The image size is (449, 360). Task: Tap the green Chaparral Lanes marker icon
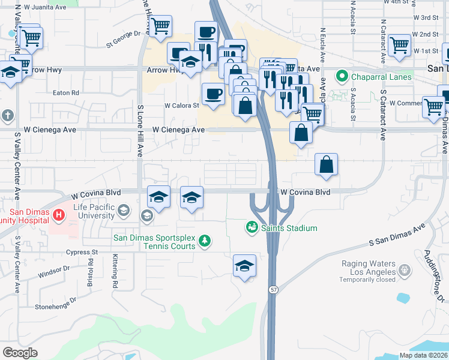click(342, 76)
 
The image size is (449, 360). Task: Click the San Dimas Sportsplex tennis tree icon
click(205, 241)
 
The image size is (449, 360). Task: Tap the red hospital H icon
click(59, 215)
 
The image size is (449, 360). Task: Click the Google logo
click(20, 353)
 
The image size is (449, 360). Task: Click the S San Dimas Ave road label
click(396, 235)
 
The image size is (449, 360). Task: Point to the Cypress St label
click(82, 253)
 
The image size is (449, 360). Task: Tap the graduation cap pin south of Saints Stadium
click(244, 266)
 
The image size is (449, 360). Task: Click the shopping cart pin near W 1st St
click(399, 46)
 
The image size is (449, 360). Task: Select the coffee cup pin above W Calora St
click(213, 94)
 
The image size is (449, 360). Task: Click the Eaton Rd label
click(66, 93)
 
